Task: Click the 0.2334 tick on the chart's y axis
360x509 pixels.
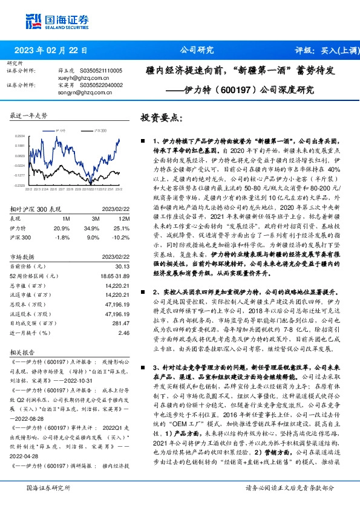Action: click(x=21, y=137)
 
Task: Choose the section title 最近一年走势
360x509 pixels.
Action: click(x=30, y=114)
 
